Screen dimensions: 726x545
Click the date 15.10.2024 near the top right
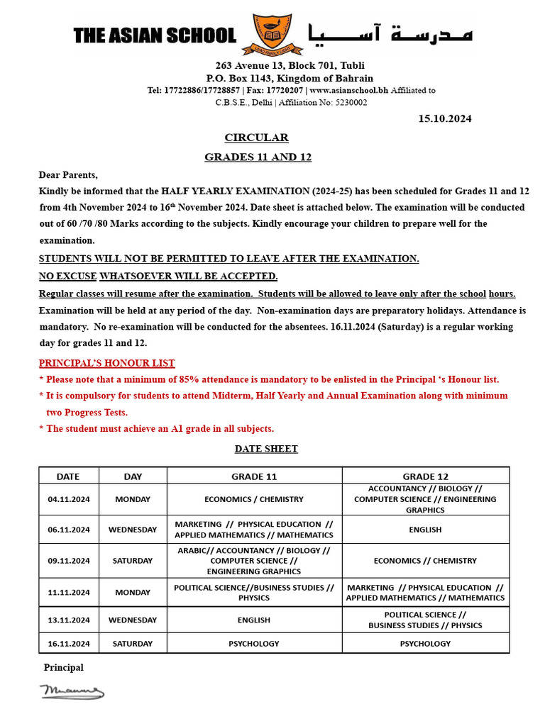pyautogui.click(x=445, y=118)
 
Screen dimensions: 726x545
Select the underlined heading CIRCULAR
pyautogui.click(x=256, y=138)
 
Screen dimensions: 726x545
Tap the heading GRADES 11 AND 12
pyautogui.click(x=258, y=157)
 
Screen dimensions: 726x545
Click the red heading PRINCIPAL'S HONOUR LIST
pyautogui.click(x=106, y=363)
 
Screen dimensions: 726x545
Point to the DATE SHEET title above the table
pyautogui.click(x=266, y=449)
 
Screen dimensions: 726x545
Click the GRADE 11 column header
pyautogui.click(x=254, y=476)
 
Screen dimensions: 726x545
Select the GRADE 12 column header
pyautogui.click(x=425, y=476)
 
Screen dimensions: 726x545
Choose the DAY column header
pyautogui.click(x=133, y=476)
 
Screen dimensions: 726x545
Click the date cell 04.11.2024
pyautogui.click(x=69, y=499)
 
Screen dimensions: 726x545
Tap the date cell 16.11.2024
pyautogui.click(x=69, y=644)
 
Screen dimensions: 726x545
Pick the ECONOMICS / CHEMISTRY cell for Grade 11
pyautogui.click(x=254, y=499)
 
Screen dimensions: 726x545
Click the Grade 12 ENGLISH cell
pyautogui.click(x=425, y=530)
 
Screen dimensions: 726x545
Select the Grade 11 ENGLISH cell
pyautogui.click(x=254, y=620)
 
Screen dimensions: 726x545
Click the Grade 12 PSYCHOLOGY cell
pyautogui.click(x=425, y=644)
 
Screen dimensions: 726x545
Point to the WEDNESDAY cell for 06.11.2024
pyautogui.click(x=133, y=530)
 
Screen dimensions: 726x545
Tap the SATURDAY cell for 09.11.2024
pyautogui.click(x=133, y=561)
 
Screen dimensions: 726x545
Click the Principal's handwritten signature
pyautogui.click(x=72, y=691)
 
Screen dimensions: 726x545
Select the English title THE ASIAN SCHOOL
pyautogui.click(x=155, y=35)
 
